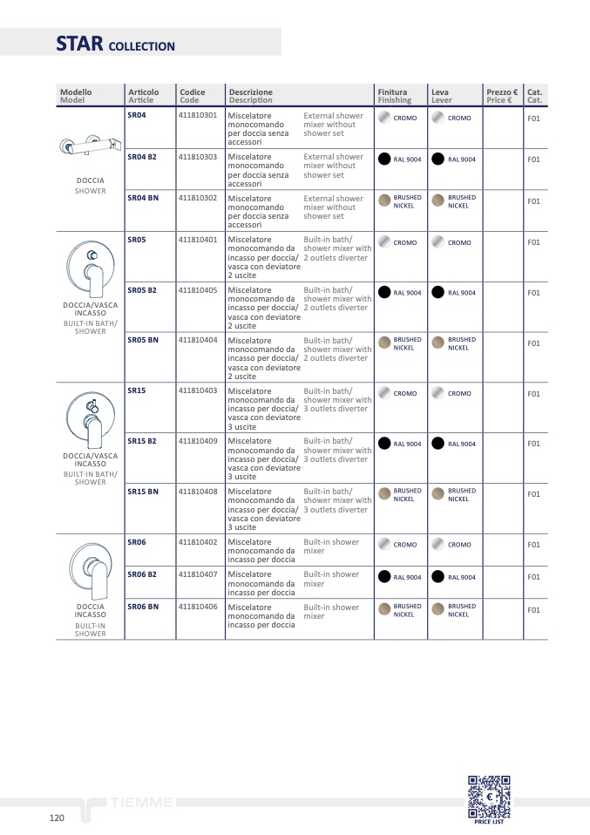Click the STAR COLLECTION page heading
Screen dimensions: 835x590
pyautogui.click(x=115, y=44)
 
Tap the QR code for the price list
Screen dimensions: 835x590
pyautogui.click(x=489, y=795)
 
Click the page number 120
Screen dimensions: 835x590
pyautogui.click(x=57, y=818)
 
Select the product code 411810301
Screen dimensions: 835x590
pyautogui.click(x=198, y=115)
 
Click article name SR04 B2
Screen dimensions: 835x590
pyautogui.click(x=142, y=157)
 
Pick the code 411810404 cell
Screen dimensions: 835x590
pyautogui.click(x=198, y=339)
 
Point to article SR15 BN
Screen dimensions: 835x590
pyautogui.click(x=143, y=492)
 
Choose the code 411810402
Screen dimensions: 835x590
pyautogui.click(x=198, y=542)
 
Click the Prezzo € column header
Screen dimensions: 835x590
pyautogui.click(x=502, y=95)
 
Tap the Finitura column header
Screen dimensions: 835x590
pyautogui.click(x=393, y=95)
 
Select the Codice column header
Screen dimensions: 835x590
pyautogui.click(x=193, y=95)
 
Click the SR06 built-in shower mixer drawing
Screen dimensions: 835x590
pyautogui.click(x=91, y=567)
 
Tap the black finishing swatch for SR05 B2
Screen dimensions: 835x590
pyautogui.click(x=383, y=293)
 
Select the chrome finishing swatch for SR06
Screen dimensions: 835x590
pyautogui.click(x=383, y=545)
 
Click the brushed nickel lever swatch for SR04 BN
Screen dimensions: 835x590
pyautogui.click(x=438, y=200)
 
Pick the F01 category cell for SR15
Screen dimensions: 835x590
pyautogui.click(x=533, y=394)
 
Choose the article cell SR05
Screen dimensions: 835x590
pyautogui.click(x=137, y=239)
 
